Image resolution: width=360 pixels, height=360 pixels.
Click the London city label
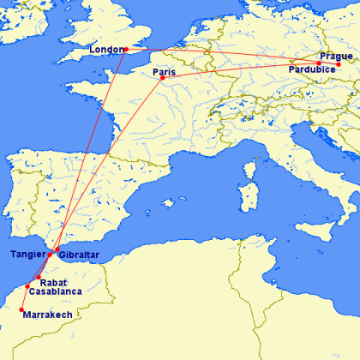tap(106, 49)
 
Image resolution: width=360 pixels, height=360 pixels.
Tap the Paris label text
tap(164, 72)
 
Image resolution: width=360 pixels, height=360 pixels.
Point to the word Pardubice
tap(313, 68)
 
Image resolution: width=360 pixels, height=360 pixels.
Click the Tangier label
tap(28, 254)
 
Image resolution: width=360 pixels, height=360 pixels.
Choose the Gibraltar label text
tap(80, 256)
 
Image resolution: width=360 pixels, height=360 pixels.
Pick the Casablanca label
tap(57, 291)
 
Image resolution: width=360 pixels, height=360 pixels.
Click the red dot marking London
tap(126, 49)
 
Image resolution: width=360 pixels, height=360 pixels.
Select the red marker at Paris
tap(163, 79)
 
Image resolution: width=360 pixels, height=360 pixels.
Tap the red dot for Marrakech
tap(21, 309)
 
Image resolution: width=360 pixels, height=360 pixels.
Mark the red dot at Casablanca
tap(28, 286)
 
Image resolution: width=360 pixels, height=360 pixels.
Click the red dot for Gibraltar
tap(57, 250)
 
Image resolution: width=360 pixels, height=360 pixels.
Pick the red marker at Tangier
tap(50, 255)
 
